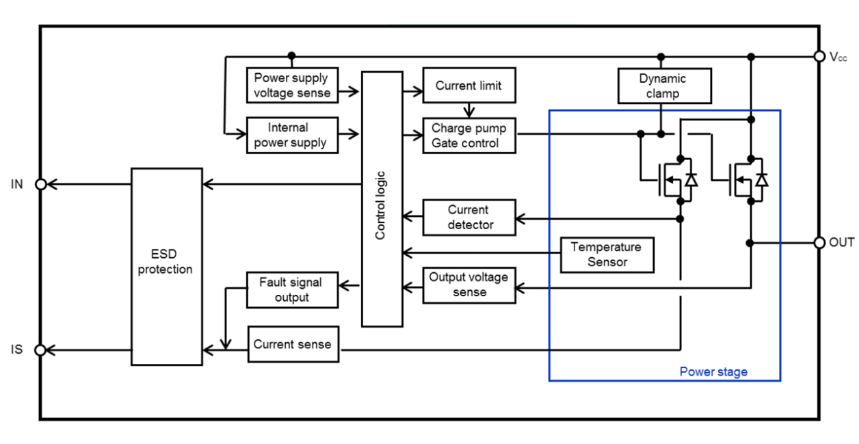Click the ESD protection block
pos(167,267)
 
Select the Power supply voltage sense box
pos(293,86)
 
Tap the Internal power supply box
pos(293,135)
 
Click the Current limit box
pos(468,86)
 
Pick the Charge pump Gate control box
pos(469,135)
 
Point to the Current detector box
pos(468,217)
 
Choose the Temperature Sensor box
pos(607,254)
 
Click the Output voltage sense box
pos(468,284)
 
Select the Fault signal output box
pos(293,289)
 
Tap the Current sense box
pos(293,344)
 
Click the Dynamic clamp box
pos(662,86)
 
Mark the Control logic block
pos(382,198)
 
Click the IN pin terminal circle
pos(40,184)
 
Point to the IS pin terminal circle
pos(40,350)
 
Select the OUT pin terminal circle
pos(819,243)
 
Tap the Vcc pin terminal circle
pos(819,56)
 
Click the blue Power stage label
pos(713,372)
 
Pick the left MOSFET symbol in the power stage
pos(674,180)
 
